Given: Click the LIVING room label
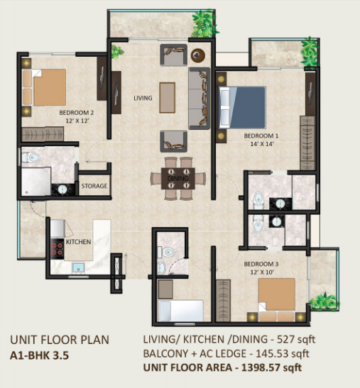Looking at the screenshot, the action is [x=143, y=98].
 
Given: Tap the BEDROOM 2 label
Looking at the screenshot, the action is [x=76, y=113].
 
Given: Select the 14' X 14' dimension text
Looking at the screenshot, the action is [x=262, y=144].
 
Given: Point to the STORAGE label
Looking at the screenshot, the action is [x=94, y=186].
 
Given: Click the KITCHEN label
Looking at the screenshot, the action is [x=78, y=242].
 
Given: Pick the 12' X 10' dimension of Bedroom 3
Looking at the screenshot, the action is [x=262, y=272].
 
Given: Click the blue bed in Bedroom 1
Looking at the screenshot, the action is [x=243, y=107].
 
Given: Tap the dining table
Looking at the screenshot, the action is [x=178, y=179].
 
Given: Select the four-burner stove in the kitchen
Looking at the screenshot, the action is [x=58, y=249].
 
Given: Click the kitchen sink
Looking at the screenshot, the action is [x=78, y=268].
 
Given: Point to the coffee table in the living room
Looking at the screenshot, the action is [x=168, y=97].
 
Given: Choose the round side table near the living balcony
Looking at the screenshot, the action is [x=197, y=55].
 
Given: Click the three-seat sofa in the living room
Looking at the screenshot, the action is [x=200, y=98].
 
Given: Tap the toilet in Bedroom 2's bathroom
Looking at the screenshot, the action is [x=31, y=157].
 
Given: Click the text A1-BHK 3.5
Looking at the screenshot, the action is [x=39, y=355].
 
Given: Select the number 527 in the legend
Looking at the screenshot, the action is [x=285, y=339].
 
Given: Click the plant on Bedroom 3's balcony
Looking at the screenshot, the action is [x=324, y=301].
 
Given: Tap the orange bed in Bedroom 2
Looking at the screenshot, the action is [x=44, y=87].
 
